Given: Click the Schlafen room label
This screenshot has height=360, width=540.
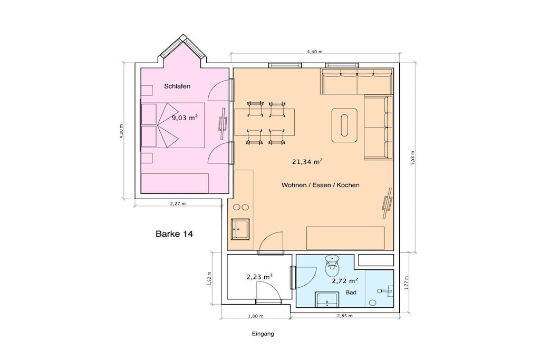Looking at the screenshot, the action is [177, 86].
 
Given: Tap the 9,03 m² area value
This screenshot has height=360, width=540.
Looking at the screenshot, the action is [185, 118].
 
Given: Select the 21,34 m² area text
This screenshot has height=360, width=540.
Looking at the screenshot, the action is [307, 162].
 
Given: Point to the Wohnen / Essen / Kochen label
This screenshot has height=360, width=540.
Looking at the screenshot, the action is [320, 185].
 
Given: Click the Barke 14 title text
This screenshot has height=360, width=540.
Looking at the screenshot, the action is [174, 234].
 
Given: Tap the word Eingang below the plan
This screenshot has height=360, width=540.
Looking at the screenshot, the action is [263, 334].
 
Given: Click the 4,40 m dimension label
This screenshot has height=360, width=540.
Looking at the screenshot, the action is [315, 52].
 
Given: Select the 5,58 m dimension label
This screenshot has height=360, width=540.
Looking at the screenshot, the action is [413, 158].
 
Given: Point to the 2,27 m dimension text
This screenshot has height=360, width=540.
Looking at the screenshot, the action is [178, 203].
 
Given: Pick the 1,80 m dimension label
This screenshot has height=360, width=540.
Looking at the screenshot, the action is [256, 316].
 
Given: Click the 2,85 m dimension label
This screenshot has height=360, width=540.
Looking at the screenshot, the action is [344, 316].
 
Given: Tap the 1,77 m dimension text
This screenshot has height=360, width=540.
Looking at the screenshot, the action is [407, 283].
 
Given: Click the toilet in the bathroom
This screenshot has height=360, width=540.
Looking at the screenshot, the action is [332, 266].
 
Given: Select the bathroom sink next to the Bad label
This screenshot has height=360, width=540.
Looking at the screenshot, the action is [327, 299].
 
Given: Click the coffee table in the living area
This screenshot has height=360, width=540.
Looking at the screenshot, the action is [344, 125].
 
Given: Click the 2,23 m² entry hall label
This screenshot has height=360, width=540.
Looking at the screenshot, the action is [259, 277].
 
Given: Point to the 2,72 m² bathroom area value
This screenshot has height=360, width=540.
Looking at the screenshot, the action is [345, 281].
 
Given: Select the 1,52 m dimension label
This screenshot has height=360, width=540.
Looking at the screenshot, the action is [210, 278].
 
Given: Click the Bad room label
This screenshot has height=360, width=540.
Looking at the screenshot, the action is [351, 293].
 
